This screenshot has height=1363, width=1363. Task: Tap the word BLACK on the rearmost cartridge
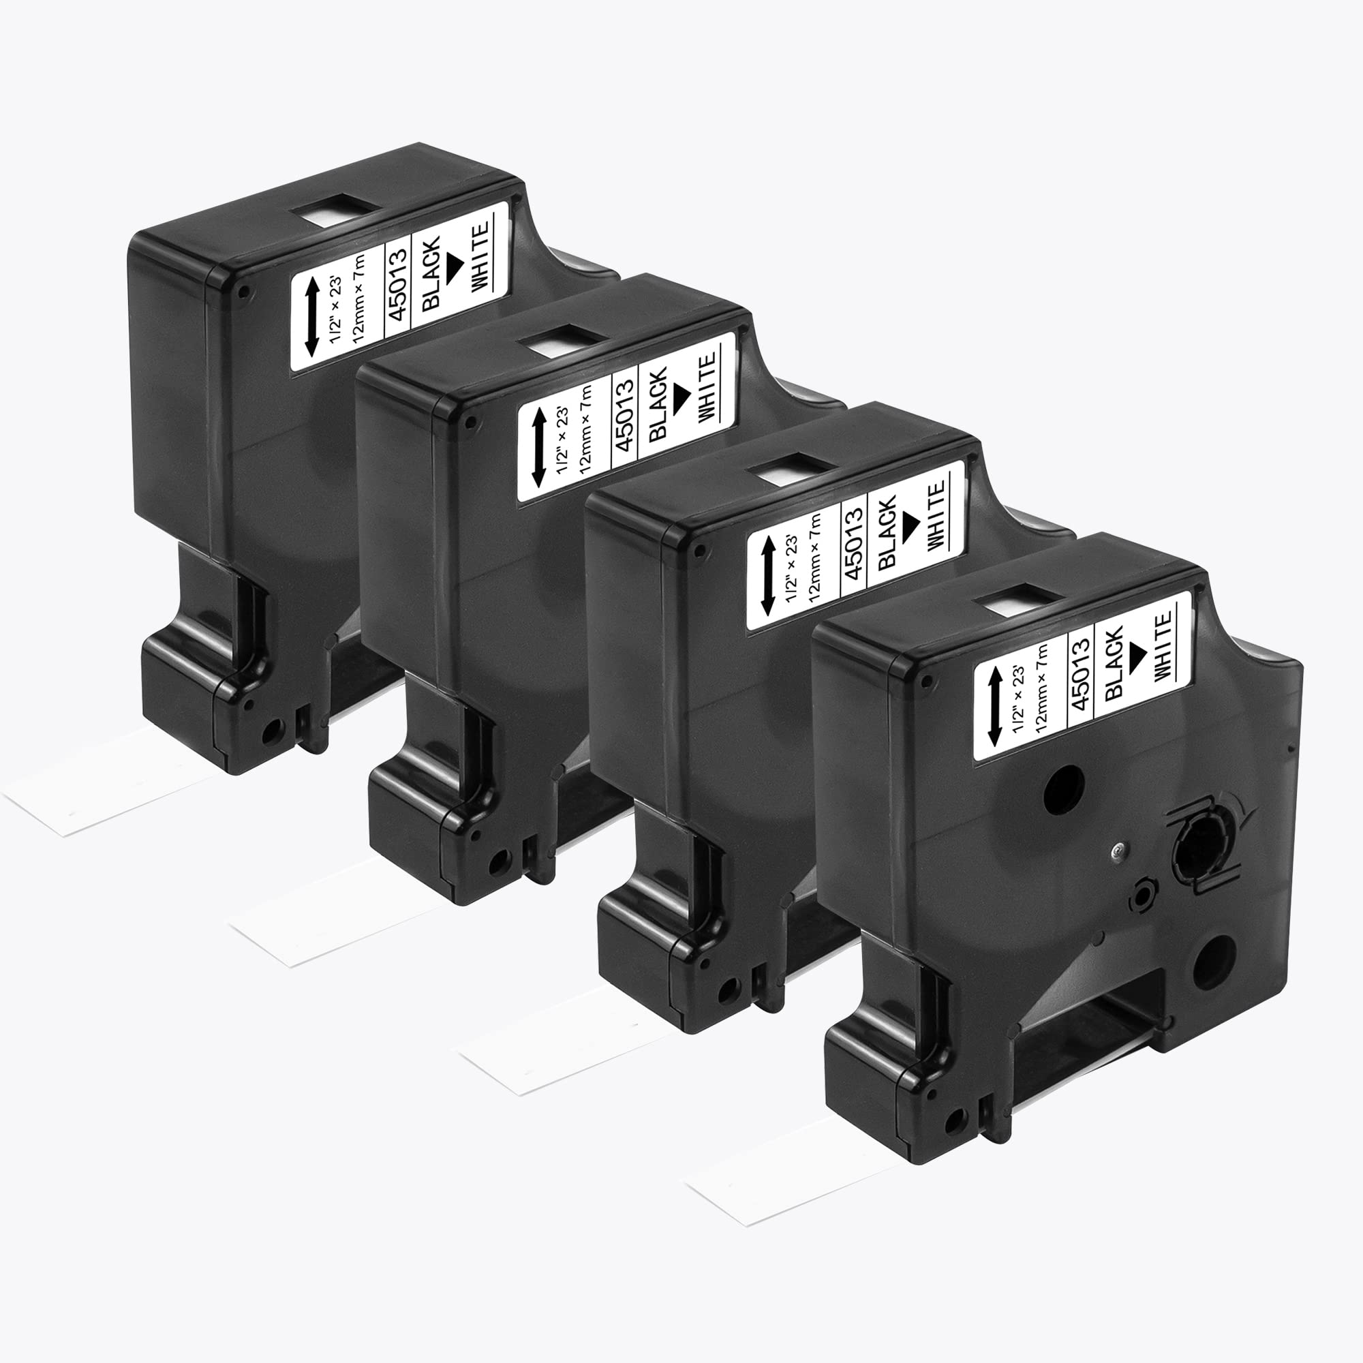pyautogui.click(x=432, y=272)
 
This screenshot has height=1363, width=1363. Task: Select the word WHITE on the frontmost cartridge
pyautogui.click(x=1163, y=646)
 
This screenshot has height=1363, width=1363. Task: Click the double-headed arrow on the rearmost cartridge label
pyautogui.click(x=310, y=316)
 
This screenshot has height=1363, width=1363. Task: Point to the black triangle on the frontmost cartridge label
pyautogui.click(x=1137, y=650)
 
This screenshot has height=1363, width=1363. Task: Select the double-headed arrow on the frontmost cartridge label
pyautogui.click(x=995, y=707)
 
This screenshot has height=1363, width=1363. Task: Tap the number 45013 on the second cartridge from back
pyautogui.click(x=625, y=413)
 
